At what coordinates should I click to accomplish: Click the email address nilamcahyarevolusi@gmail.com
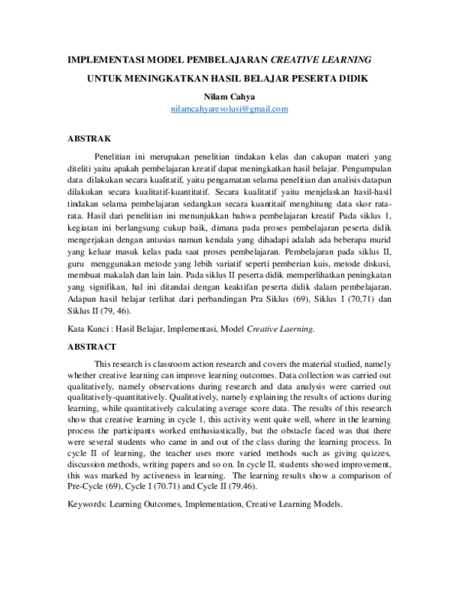pos(229,109)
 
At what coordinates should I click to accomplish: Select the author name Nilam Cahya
pos(229,97)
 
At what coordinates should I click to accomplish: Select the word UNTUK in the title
pos(109,79)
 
